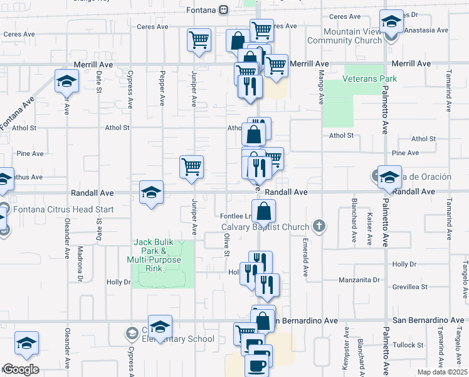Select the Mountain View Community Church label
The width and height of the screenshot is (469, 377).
352,36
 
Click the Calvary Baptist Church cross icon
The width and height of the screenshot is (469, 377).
319,226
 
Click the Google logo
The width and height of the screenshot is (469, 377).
20,369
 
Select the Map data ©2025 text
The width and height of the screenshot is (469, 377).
442,372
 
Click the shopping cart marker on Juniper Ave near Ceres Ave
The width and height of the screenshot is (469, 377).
199,40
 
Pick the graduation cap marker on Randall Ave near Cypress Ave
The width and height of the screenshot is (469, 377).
151,192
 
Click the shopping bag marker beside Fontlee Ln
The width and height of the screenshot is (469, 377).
264,210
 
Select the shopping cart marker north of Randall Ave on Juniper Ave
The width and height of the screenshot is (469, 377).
191,167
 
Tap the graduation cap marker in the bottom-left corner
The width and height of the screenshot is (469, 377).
26,342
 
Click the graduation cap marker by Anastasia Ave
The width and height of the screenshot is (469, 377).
391,23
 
